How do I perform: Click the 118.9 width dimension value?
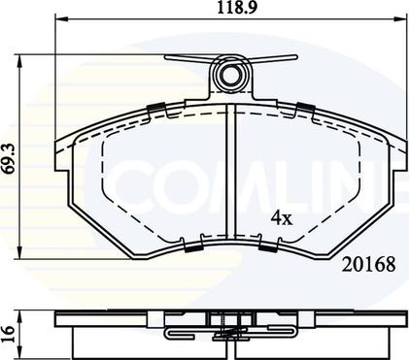[x=237, y=8]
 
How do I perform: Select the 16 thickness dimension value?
[x=8, y=330]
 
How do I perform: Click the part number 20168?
[x=369, y=265]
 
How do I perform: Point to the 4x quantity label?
[x=282, y=217]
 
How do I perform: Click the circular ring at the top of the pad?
[x=231, y=74]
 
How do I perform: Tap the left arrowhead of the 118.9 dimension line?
[x=61, y=18]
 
